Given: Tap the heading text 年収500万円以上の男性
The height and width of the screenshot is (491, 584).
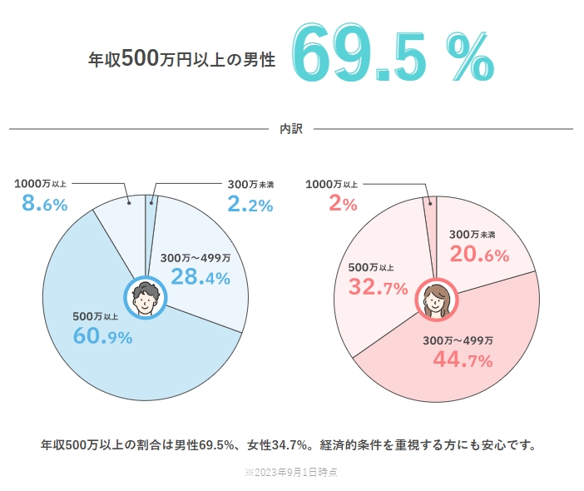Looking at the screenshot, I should click(x=181, y=60).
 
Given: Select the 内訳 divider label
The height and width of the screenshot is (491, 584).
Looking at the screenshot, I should click(x=291, y=129).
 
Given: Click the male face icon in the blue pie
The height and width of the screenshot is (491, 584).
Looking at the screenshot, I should click(x=146, y=298).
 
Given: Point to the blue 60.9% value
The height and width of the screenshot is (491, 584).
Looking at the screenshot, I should click(x=103, y=336).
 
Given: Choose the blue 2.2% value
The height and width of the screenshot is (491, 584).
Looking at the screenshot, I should click(x=250, y=204).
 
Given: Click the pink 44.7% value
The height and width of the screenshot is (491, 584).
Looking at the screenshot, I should click(x=463, y=360).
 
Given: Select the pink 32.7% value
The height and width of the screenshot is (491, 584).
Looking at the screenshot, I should click(x=378, y=288).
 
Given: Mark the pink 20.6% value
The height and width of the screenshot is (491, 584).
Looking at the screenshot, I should click(x=479, y=255).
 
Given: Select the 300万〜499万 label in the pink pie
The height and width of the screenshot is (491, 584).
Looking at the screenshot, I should click(x=458, y=340).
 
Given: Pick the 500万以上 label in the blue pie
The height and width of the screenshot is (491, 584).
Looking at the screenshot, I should click(x=97, y=316).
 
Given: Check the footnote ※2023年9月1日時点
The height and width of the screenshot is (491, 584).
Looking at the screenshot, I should click(x=290, y=472).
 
